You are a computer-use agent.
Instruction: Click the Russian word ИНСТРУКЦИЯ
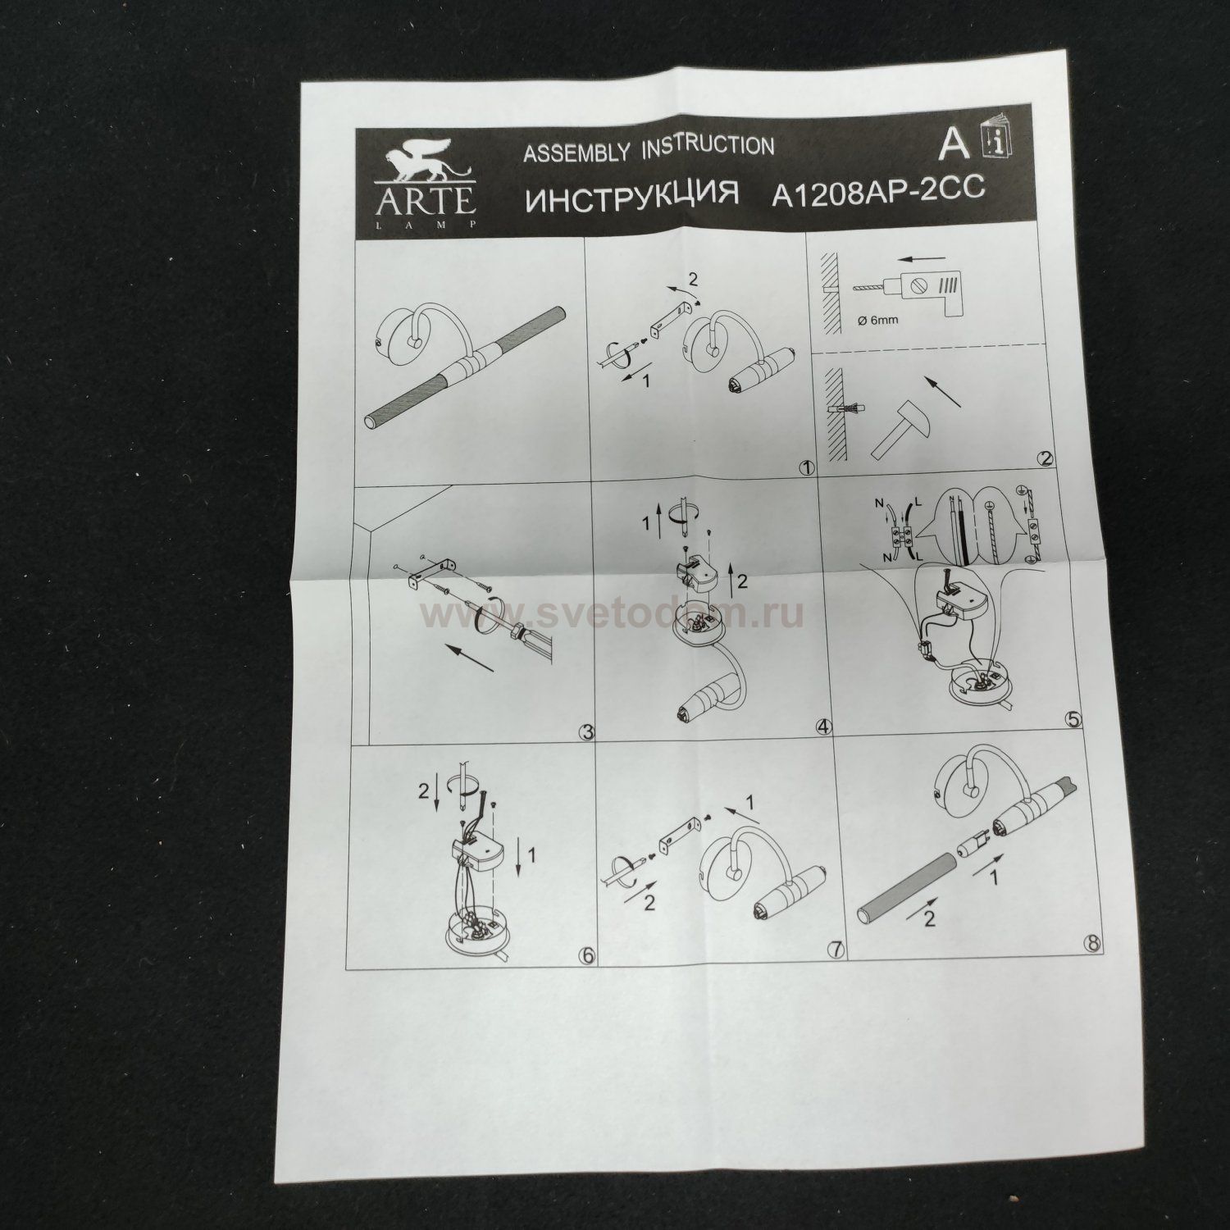(631, 199)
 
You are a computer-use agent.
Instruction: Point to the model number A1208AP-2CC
(877, 192)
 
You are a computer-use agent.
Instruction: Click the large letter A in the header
(954, 145)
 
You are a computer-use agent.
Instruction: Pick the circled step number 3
(585, 732)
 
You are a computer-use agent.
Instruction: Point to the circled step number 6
(585, 954)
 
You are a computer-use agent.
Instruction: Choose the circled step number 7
(836, 950)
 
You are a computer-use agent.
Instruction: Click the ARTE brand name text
(426, 201)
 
